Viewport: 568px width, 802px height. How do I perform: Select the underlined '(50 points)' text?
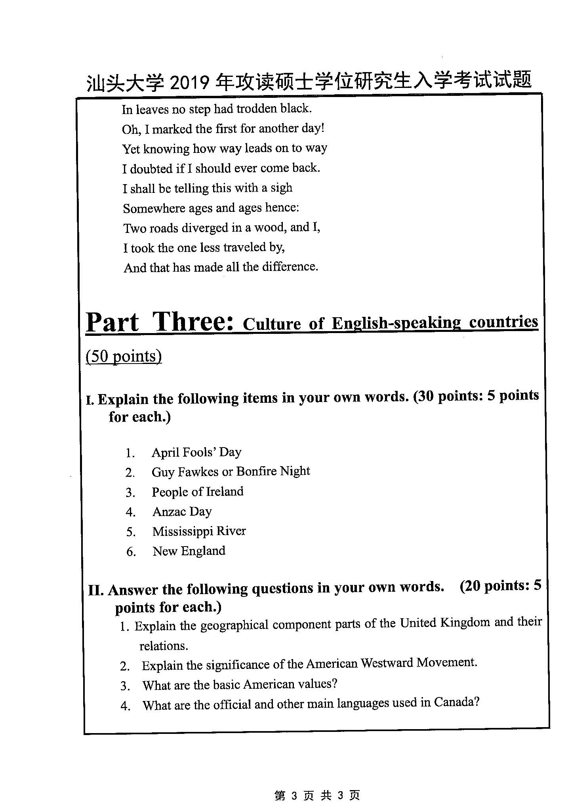pyautogui.click(x=124, y=356)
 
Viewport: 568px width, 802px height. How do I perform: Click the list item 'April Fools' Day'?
pyautogui.click(x=196, y=452)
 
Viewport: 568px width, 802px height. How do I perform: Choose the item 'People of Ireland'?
pyautogui.click(x=198, y=491)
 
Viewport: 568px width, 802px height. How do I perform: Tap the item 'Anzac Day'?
pyautogui.click(x=182, y=511)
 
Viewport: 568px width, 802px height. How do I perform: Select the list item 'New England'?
pyautogui.click(x=189, y=551)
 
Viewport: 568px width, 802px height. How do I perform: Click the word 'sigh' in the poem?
pyautogui.click(x=281, y=187)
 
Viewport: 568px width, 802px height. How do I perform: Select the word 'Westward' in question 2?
pyautogui.click(x=386, y=663)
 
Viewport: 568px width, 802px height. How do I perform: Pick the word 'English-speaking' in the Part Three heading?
pyautogui.click(x=396, y=323)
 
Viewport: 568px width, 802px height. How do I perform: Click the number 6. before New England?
pyautogui.click(x=131, y=552)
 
